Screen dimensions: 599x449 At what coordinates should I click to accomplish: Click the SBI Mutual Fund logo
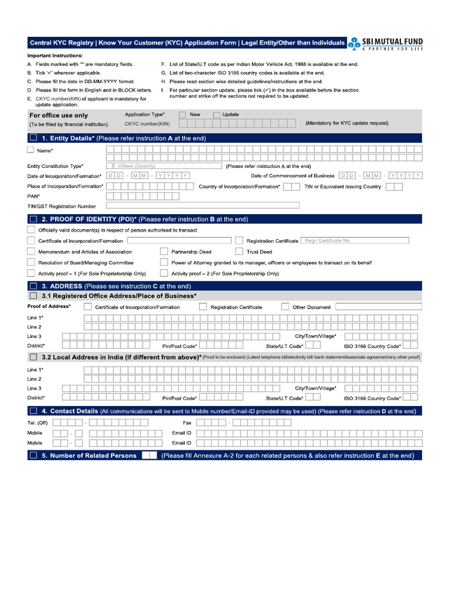[x=385, y=44]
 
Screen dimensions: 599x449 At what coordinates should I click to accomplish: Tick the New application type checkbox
[x=182, y=115]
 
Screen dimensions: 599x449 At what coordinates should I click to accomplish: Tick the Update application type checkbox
[x=216, y=115]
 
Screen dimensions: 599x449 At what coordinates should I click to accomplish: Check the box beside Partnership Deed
[x=164, y=252]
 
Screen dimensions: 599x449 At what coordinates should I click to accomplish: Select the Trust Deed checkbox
[x=240, y=252]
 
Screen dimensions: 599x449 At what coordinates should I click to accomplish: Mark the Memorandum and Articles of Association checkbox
[x=31, y=252]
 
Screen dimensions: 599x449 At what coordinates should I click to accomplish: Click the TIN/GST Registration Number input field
[x=202, y=205]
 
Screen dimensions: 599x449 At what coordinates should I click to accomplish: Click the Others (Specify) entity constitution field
[x=164, y=166]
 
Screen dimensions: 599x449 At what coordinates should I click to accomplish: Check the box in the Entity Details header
[x=33, y=138]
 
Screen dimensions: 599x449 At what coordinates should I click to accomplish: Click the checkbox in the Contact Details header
[x=33, y=411]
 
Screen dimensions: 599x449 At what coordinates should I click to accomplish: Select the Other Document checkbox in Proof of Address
[x=285, y=307]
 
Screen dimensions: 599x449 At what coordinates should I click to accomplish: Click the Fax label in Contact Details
[x=187, y=422]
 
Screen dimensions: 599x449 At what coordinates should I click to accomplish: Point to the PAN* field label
[x=34, y=197]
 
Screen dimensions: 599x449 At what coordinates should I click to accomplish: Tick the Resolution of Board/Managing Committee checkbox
[x=31, y=262]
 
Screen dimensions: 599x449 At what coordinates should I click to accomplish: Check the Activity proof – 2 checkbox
[x=164, y=273]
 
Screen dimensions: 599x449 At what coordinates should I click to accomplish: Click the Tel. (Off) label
[x=37, y=422]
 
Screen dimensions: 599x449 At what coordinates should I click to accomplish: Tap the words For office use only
[x=58, y=116]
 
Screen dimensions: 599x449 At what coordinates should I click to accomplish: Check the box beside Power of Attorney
[x=164, y=262]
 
